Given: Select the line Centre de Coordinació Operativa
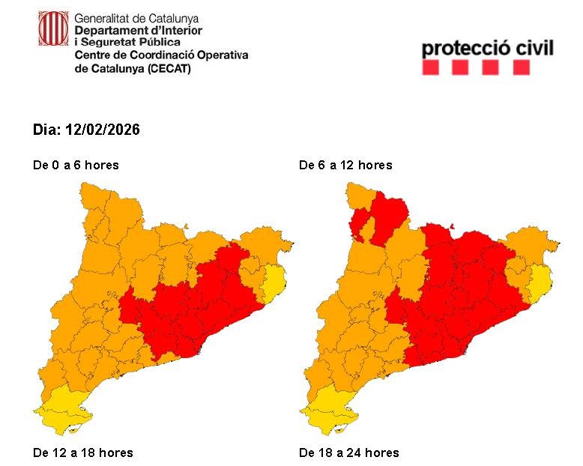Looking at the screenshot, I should (161, 55).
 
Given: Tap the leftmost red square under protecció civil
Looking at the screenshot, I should (430, 68).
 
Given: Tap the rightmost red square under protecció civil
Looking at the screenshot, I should (521, 68).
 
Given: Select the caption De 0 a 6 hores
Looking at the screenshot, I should (76, 165).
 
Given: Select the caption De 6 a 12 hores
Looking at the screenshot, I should (345, 165).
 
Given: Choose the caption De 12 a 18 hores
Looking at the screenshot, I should (82, 453).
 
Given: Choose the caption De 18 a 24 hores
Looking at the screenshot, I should (348, 453).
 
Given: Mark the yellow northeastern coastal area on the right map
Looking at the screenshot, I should (540, 283).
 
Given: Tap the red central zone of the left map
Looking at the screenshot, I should (195, 307).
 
